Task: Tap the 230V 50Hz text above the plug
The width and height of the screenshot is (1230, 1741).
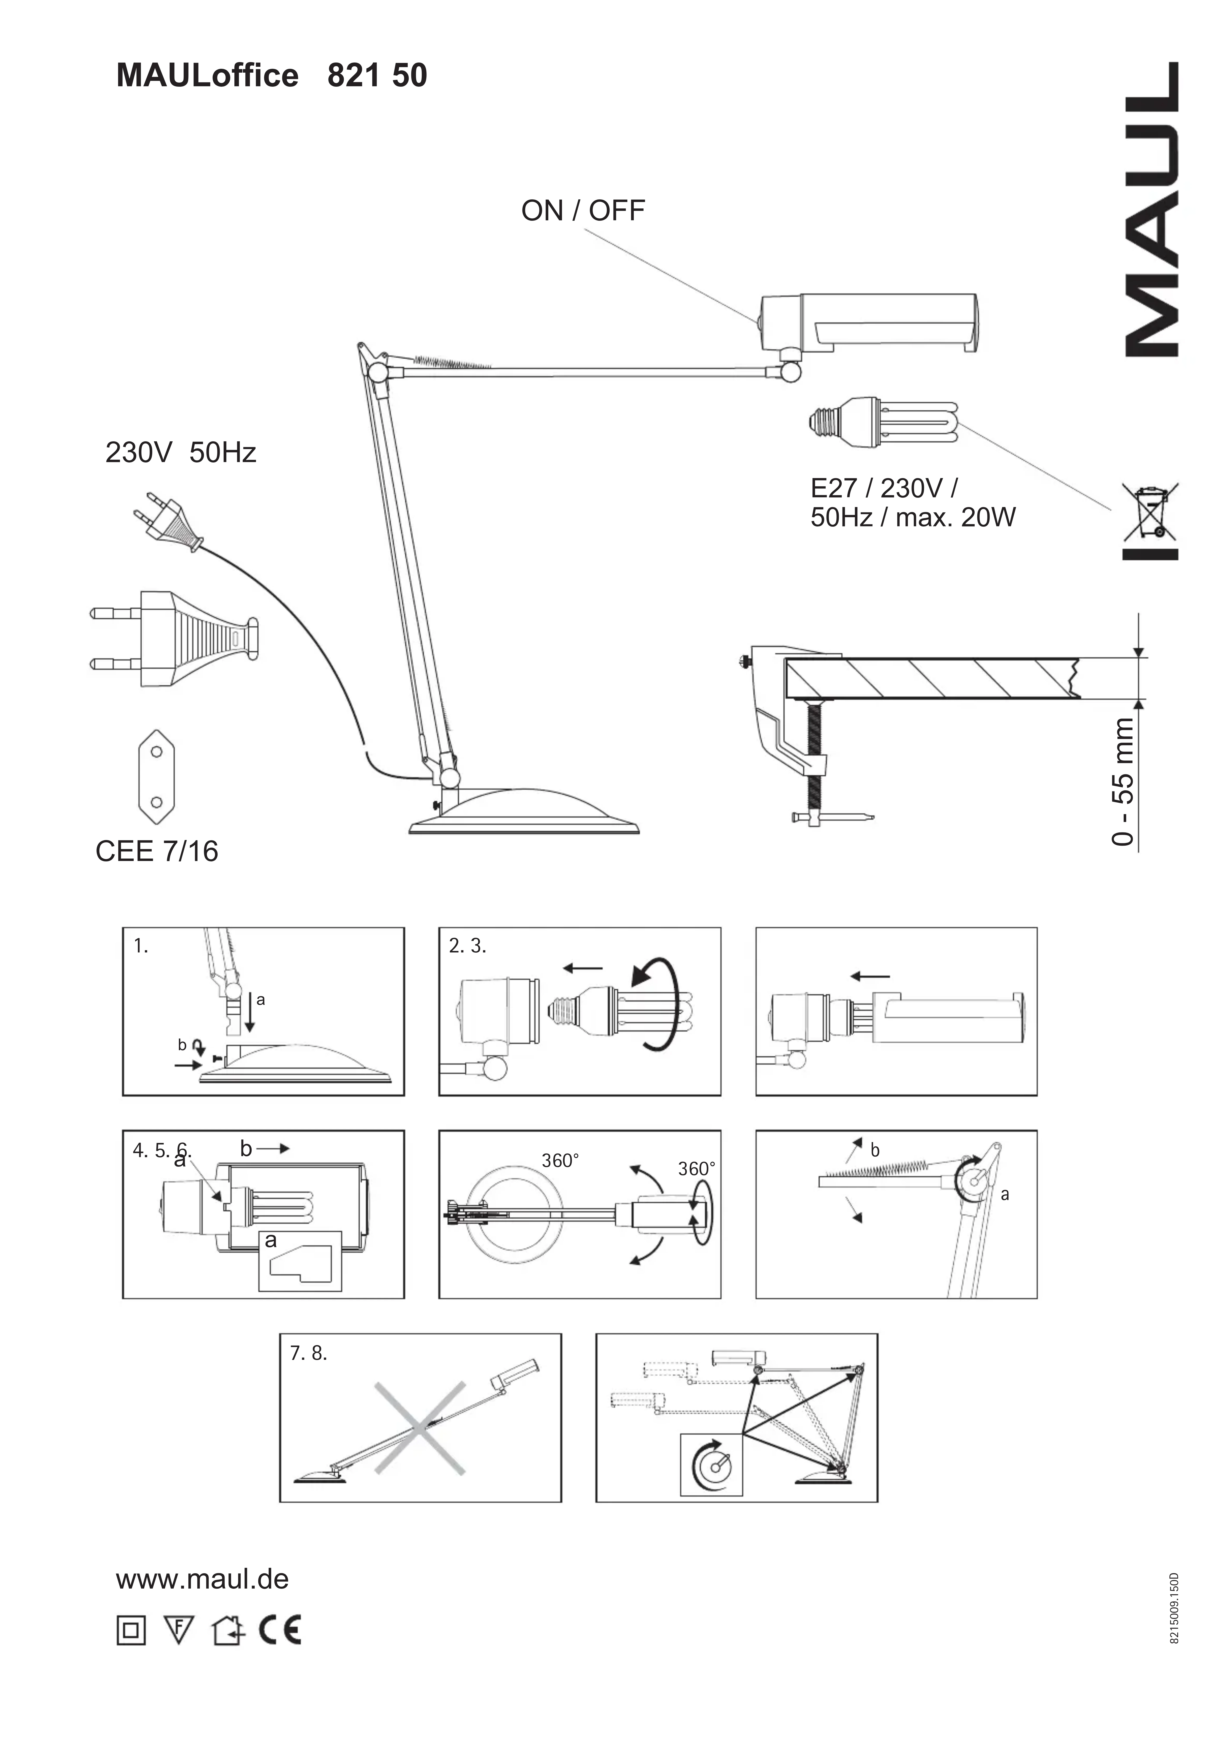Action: [x=181, y=453]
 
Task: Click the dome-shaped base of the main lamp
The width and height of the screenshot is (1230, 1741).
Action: [x=523, y=811]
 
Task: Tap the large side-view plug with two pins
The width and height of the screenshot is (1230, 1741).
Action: [x=175, y=639]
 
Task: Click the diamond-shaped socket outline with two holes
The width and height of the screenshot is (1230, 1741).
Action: [x=156, y=776]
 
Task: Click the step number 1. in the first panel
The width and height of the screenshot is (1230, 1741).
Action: [x=140, y=946]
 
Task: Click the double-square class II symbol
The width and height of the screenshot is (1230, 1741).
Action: [x=131, y=1630]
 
